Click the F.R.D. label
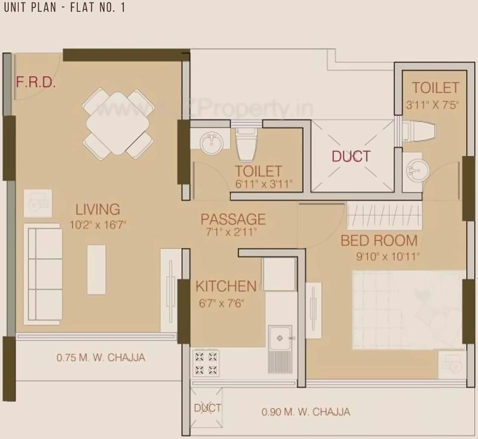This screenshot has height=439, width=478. [x=36, y=82]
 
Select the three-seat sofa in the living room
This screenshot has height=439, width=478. [x=42, y=274]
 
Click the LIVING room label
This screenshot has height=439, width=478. [x=98, y=210]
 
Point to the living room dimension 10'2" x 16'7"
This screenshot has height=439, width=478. [x=98, y=225]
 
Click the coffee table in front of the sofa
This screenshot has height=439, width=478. [x=96, y=269]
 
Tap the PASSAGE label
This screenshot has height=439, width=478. [x=233, y=219]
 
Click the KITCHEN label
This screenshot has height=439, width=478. [x=226, y=286]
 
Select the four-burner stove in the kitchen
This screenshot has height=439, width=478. [x=206, y=363]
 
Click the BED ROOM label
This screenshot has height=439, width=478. [x=379, y=240]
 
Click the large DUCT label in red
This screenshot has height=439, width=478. [x=351, y=156]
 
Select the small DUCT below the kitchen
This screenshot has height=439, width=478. [x=207, y=408]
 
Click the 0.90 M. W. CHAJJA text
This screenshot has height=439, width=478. [x=305, y=412]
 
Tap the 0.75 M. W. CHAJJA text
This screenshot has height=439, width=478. [x=101, y=358]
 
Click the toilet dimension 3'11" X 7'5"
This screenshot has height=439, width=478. [x=432, y=105]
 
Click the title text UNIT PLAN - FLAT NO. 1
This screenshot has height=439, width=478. [x=64, y=8]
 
